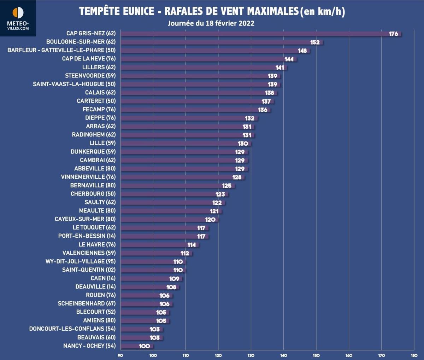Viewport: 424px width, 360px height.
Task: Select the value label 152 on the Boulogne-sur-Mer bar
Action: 315,42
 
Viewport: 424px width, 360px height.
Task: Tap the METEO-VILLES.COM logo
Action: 18,18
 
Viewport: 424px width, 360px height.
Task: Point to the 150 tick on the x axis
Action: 316,355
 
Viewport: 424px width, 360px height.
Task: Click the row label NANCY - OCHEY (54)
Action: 89,346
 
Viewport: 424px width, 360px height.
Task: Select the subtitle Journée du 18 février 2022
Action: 211,23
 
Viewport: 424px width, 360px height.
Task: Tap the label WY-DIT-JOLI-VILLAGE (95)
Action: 80,261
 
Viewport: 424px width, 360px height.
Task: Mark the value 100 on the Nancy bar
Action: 144,346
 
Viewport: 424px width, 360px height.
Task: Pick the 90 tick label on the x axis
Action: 120,355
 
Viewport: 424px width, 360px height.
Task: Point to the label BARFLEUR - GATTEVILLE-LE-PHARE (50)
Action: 61,50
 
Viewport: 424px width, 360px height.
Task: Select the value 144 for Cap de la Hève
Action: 289,59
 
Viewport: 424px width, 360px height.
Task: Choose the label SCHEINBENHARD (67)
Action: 87,303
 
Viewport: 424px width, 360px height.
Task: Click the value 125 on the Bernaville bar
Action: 226,186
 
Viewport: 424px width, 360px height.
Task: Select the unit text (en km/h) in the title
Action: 322,11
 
